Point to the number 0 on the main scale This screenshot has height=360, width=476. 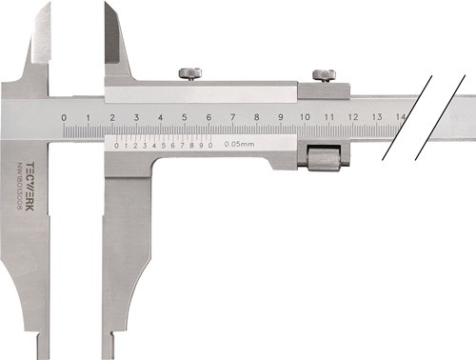(x=64, y=117)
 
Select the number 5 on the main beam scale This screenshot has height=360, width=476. (x=185, y=117)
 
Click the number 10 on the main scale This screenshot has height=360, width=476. (x=304, y=117)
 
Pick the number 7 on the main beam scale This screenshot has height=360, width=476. (x=232, y=117)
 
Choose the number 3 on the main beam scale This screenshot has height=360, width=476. (x=136, y=117)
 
